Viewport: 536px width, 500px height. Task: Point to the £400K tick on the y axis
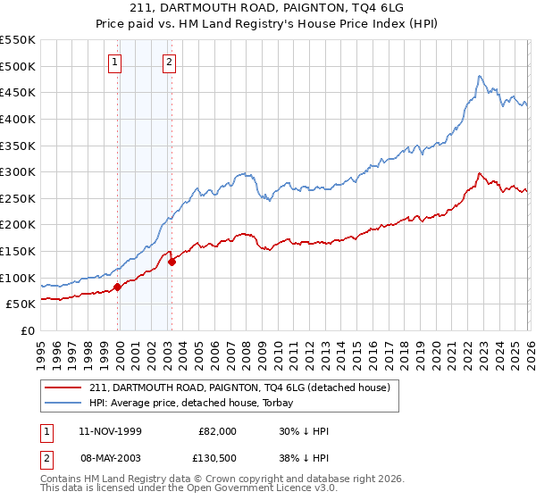click(x=18, y=119)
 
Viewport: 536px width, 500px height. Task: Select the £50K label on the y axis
click(x=21, y=304)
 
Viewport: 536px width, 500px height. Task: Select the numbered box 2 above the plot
click(x=169, y=62)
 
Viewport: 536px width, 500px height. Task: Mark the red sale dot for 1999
click(x=117, y=287)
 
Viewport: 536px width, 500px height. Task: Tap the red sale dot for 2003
click(x=172, y=262)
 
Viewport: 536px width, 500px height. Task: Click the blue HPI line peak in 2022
click(x=480, y=76)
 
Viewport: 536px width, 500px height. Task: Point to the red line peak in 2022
click(x=480, y=173)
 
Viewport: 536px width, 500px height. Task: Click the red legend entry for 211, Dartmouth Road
click(x=239, y=387)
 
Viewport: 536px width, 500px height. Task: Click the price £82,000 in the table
click(x=218, y=431)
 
